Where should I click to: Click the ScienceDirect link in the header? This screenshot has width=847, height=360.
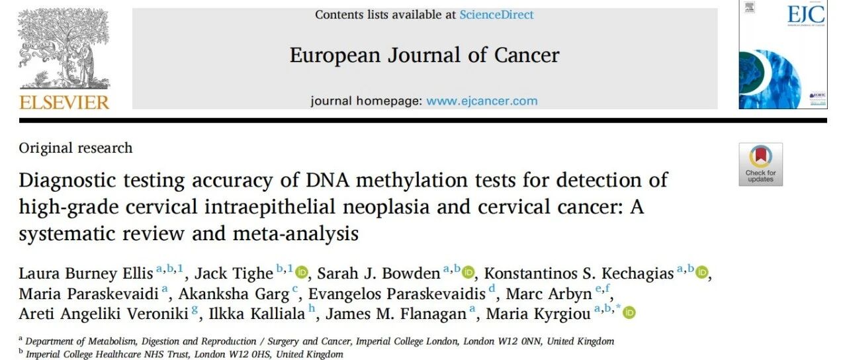click(x=496, y=15)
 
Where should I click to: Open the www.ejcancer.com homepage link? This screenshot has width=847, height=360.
click(x=482, y=101)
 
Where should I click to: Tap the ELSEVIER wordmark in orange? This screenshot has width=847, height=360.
click(x=64, y=103)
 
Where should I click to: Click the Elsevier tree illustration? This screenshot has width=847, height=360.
click(x=64, y=49)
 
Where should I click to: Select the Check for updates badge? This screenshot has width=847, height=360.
click(x=761, y=165)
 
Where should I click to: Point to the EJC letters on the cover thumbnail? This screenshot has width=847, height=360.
click(x=806, y=15)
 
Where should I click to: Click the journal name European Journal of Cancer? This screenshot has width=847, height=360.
click(x=424, y=55)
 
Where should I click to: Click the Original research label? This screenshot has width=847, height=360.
click(x=75, y=148)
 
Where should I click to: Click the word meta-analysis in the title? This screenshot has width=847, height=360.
click(x=295, y=234)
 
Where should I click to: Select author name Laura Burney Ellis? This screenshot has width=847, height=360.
click(x=86, y=273)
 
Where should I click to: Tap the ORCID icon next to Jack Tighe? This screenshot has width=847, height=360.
click(x=301, y=272)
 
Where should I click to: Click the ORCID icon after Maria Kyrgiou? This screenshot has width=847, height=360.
click(x=629, y=313)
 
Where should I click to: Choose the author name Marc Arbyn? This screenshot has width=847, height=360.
click(x=549, y=294)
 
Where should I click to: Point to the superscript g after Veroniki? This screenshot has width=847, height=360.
click(x=195, y=310)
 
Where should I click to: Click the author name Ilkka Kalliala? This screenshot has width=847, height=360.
click(x=257, y=314)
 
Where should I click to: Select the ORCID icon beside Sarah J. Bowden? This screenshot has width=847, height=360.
click(x=468, y=272)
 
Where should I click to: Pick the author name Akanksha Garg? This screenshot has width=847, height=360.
click(x=234, y=294)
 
